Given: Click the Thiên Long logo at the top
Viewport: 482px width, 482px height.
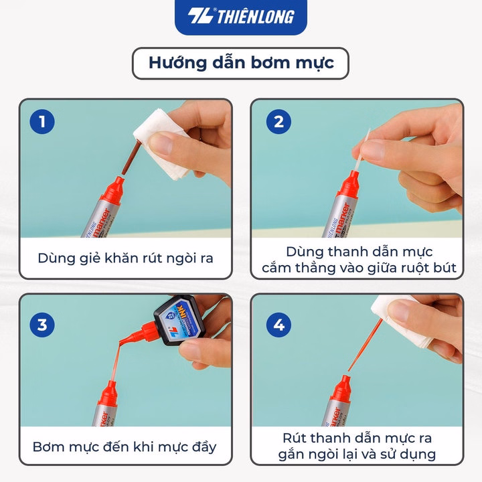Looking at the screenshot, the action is (241, 17).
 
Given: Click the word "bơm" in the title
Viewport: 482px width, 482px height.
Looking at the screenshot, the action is (270, 63).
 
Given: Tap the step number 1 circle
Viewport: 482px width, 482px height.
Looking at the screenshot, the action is (42, 121).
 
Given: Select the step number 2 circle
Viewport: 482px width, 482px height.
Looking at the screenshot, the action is (278, 121).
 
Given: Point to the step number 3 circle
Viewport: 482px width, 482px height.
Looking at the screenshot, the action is (42, 325).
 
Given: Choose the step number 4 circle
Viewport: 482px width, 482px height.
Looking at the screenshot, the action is (278, 325).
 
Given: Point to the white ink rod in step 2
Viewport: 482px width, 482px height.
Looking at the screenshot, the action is (362, 150).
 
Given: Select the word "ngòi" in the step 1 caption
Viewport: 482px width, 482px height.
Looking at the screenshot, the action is (181, 258).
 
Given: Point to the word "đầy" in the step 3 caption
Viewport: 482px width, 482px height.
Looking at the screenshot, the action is (204, 447).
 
